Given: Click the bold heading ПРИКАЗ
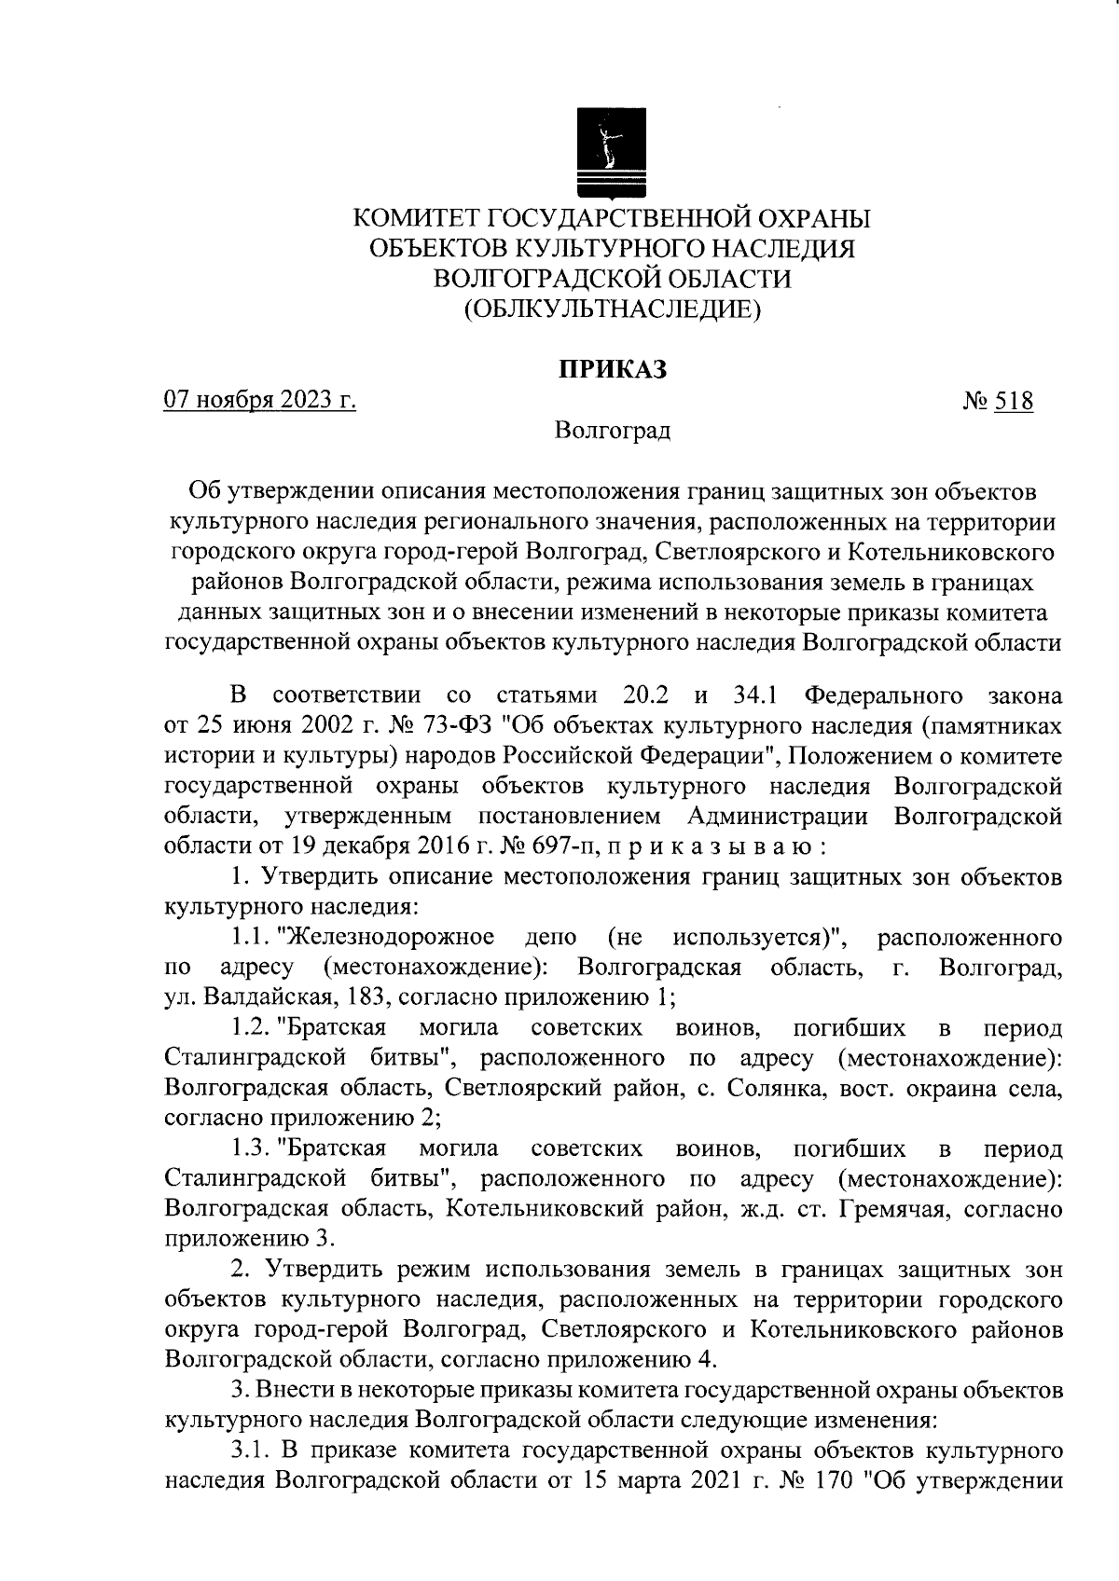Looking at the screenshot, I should point(613,370).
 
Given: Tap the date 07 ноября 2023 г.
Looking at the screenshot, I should point(260,401).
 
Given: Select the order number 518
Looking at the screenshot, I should point(1014,402).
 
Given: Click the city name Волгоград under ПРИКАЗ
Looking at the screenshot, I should point(612,432).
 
